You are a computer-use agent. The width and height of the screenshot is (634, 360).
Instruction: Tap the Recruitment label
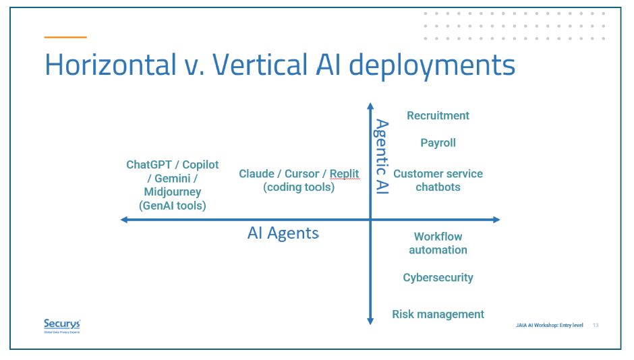pos(438,116)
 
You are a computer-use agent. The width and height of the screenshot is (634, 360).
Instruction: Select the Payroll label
pos(438,143)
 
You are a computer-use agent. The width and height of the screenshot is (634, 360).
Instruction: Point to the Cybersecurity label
pos(438,278)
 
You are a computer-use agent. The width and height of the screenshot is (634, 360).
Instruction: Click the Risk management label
pos(438,314)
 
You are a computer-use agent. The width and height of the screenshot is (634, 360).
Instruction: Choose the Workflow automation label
pos(438,243)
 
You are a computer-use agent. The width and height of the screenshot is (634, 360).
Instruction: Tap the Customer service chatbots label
pos(438,180)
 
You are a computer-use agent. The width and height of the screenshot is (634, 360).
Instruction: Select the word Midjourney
pos(172,192)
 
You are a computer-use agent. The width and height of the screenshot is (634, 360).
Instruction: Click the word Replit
pos(344,174)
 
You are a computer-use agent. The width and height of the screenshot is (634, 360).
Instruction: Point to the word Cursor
pos(301,174)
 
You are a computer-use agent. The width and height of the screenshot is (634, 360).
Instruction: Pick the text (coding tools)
pos(299,187)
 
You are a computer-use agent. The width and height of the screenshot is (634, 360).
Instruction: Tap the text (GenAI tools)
pos(172,206)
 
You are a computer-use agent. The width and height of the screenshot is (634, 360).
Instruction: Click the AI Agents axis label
pos(283,233)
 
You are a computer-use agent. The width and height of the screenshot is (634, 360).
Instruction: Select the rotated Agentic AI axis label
pos(382,156)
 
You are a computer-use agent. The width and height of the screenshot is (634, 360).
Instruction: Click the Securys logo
pos(61,326)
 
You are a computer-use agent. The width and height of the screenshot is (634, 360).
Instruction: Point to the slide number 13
pos(596,326)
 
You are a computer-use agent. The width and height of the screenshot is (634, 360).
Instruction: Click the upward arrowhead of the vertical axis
pos(370,106)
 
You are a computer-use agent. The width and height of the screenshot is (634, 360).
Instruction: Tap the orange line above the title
pos(65,37)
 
